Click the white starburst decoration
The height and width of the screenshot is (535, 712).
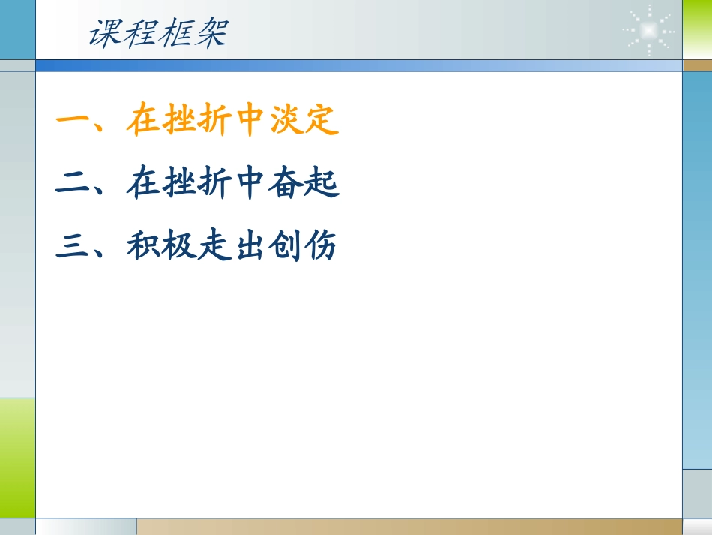648,31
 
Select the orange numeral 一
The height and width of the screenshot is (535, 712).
73,121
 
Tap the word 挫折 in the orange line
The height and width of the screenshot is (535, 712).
197,121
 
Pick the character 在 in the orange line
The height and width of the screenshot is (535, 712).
143,121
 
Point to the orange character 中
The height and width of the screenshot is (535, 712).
250,121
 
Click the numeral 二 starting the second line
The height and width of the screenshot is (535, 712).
73,184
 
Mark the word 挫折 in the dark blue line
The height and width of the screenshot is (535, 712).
197,184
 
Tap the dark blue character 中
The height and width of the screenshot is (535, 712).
250,184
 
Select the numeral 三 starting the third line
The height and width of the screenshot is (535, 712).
73,246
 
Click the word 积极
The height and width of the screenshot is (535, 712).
161,246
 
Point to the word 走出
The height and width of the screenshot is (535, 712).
232,246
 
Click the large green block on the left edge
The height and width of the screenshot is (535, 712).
17,457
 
